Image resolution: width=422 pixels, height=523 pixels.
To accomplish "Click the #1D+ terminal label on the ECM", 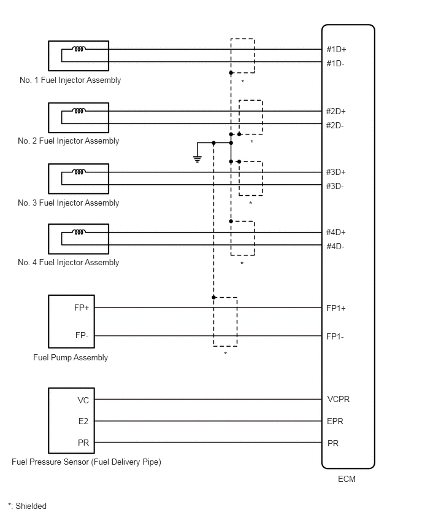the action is (x=336, y=49).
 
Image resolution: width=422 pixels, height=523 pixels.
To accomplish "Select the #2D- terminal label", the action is (x=335, y=125).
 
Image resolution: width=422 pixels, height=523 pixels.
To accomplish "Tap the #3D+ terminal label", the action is (x=336, y=172).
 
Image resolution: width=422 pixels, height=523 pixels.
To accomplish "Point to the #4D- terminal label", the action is (x=335, y=247).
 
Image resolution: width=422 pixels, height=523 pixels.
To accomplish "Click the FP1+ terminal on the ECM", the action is (x=336, y=308).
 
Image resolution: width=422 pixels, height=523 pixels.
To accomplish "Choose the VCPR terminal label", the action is (x=339, y=399).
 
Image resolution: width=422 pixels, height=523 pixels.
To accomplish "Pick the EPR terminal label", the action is (x=335, y=421).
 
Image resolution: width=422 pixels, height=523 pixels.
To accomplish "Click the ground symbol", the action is (x=198, y=159).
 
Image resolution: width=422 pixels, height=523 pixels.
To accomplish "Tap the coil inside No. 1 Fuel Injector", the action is (x=79, y=49).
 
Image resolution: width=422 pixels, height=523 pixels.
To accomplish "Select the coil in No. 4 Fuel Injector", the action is (x=79, y=232).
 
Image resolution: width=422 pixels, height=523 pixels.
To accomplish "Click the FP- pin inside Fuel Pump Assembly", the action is (x=82, y=335).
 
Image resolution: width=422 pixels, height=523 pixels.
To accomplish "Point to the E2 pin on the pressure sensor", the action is (x=83, y=421).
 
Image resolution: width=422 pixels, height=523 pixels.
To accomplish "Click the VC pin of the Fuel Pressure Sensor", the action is (x=83, y=400).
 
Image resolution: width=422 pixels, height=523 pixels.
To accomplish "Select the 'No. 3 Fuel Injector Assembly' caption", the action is (x=68, y=203).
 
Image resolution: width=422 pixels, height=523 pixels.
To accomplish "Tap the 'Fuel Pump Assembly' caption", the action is (x=71, y=357).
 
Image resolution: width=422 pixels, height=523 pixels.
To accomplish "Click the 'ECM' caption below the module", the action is (x=347, y=479).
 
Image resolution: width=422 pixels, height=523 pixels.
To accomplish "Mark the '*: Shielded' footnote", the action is (x=28, y=506).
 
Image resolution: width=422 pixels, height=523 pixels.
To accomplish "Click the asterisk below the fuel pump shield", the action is (x=226, y=353).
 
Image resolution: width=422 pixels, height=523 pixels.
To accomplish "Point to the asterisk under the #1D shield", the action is (x=243, y=82).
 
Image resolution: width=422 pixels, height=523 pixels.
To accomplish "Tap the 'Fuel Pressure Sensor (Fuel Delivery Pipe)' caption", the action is (x=86, y=462).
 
